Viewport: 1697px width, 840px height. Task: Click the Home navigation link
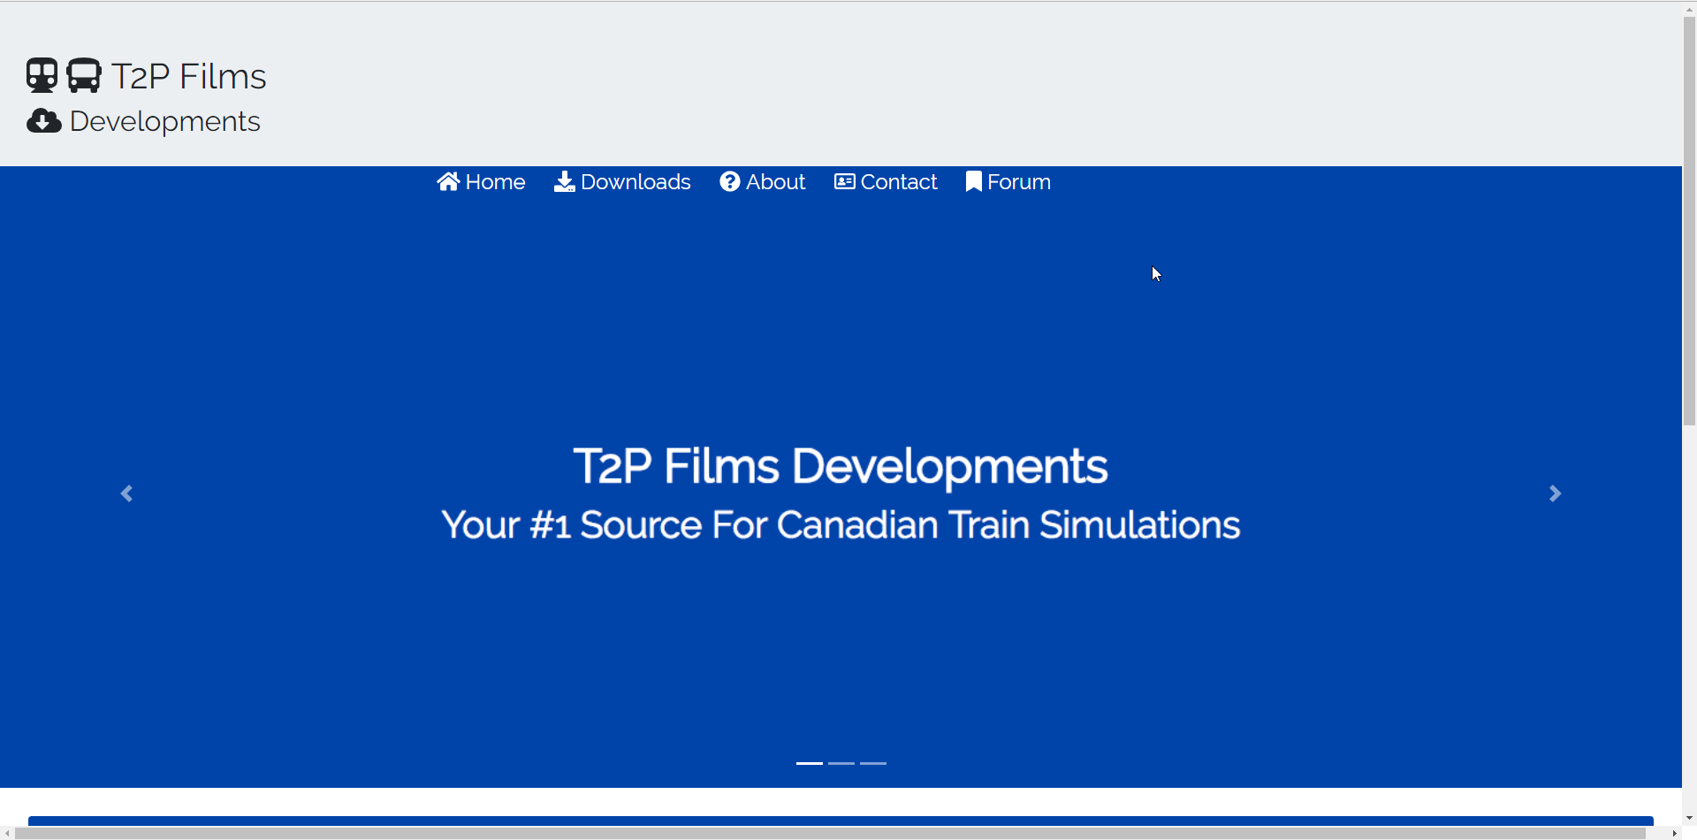(481, 182)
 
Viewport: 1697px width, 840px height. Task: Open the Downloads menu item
(622, 182)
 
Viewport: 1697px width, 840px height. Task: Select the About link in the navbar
(762, 182)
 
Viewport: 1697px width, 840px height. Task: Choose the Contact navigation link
(886, 182)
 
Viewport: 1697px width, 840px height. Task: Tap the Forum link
(1008, 182)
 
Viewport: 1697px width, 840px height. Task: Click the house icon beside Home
(448, 181)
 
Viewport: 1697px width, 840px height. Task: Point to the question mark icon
(730, 181)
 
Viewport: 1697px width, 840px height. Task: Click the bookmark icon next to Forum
(974, 181)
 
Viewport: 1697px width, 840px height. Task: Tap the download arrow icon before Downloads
(564, 181)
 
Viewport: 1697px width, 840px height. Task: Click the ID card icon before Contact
(845, 181)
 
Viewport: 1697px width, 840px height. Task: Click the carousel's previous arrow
(126, 493)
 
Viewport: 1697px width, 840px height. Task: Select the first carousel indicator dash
(810, 763)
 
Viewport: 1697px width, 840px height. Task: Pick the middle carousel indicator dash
(841, 763)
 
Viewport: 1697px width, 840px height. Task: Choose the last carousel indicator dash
(873, 763)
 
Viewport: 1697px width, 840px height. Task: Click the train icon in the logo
(42, 76)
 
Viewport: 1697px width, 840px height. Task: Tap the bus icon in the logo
(84, 76)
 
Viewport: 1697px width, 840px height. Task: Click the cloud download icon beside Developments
(44, 121)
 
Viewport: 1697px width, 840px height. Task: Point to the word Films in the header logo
(223, 77)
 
